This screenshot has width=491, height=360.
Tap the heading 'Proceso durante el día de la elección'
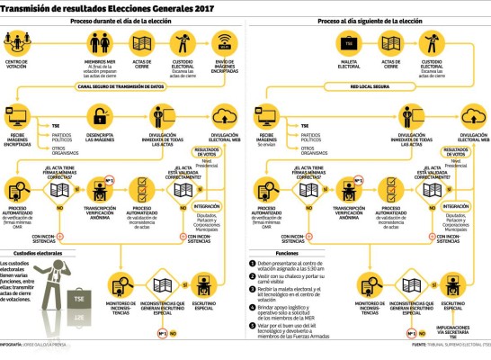122,21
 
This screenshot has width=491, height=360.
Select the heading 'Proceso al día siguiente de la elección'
369,21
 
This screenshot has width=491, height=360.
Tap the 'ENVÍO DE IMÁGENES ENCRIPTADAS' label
225,65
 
